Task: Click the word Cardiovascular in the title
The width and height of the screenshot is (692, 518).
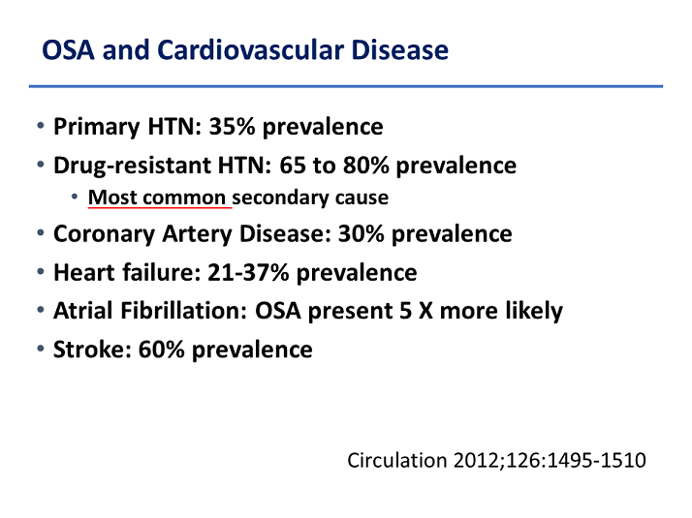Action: click(250, 49)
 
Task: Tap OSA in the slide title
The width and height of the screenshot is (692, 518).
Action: click(69, 49)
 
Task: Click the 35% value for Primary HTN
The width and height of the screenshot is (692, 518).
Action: click(233, 127)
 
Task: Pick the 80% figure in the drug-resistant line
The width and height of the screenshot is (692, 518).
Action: click(365, 166)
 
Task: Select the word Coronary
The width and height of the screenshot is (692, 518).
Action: click(104, 234)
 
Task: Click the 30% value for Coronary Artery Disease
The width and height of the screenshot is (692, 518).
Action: click(361, 233)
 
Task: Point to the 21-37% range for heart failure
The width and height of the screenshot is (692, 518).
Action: click(248, 272)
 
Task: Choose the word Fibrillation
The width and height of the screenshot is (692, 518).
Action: click(183, 311)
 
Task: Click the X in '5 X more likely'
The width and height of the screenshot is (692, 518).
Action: click(425, 311)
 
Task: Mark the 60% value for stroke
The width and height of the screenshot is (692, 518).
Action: click(161, 350)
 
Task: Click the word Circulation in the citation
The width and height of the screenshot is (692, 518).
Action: click(397, 460)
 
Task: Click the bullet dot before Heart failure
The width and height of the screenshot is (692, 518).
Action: click(41, 271)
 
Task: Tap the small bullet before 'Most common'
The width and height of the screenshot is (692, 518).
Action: click(75, 197)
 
